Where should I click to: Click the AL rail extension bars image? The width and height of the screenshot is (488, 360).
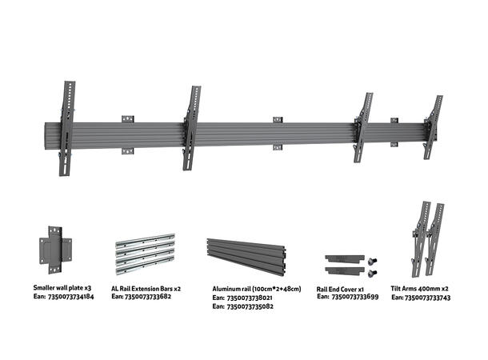pyautogui.click(x=144, y=254)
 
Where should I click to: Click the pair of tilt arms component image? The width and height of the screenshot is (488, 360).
pyautogui.click(x=428, y=237)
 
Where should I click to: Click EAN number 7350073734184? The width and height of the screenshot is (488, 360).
pyautogui.click(x=72, y=297)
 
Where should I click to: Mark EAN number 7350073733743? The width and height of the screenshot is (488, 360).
pyautogui.click(x=430, y=298)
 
